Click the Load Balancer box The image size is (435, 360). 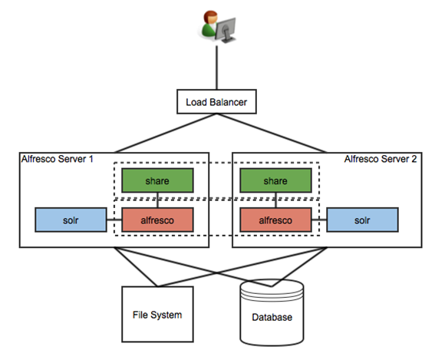point(216,101)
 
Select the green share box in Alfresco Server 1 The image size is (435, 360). point(157,180)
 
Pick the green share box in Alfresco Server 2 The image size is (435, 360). point(275,180)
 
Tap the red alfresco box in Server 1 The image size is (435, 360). point(157,220)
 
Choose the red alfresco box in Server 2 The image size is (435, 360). point(275,220)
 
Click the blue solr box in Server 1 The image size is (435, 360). point(71,220)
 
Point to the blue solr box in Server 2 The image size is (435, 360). point(362,220)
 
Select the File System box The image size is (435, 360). point(157,314)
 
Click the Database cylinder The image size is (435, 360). point(272,312)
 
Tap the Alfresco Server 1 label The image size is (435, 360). point(57,159)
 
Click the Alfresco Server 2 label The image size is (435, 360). point(381,159)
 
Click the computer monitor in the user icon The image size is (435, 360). point(226,30)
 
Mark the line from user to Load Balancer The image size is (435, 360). point(216,68)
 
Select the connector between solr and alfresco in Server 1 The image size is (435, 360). point(114,220)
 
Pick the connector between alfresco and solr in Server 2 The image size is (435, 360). point(319,220)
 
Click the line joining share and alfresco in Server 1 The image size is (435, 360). point(157,200)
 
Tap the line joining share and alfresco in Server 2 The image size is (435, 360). point(275,200)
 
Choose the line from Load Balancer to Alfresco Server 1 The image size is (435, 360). point(166,133)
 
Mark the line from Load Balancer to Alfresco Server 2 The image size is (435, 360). point(272,133)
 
